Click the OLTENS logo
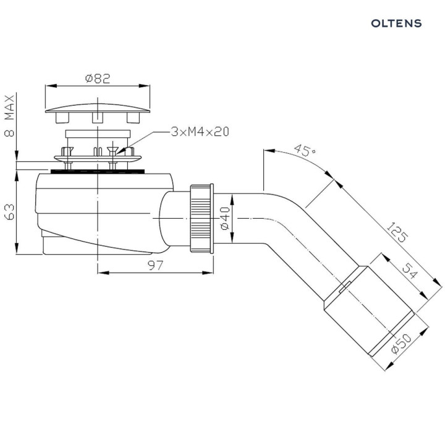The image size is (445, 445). click(396, 23)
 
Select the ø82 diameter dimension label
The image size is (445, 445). click(98, 78)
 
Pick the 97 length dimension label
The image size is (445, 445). click(156, 265)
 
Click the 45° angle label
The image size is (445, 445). click(302, 150)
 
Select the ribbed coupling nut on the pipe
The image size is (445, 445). click(201, 218)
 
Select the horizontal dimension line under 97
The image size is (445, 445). click(156, 271)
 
